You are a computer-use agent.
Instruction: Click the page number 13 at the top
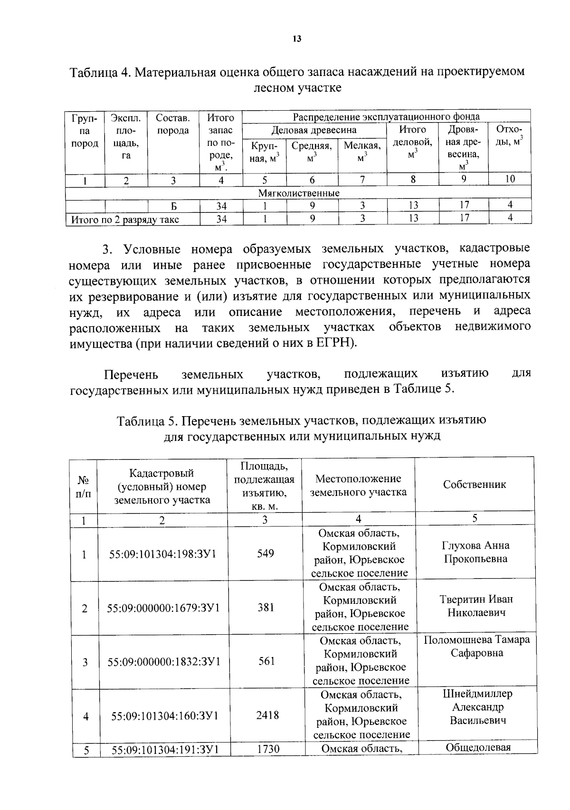tap(297, 39)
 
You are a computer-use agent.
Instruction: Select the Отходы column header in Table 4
tap(509, 135)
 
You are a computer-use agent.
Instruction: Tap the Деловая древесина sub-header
tap(313, 130)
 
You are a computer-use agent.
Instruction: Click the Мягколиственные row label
tap(298, 193)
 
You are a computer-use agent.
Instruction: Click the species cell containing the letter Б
tap(174, 206)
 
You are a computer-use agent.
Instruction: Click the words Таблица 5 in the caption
tap(147, 420)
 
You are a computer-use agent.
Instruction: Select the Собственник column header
tap(474, 484)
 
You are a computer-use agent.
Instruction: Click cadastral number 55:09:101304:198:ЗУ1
tap(162, 554)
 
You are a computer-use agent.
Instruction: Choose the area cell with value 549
tap(265, 553)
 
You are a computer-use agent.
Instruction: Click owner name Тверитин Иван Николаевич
tap(476, 606)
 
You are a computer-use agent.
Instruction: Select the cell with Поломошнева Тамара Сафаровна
tap(476, 646)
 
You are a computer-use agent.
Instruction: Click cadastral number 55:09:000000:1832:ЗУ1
tap(163, 661)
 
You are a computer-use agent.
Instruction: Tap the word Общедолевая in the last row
tap(478, 747)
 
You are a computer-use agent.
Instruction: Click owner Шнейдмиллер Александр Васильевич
tap(477, 707)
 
